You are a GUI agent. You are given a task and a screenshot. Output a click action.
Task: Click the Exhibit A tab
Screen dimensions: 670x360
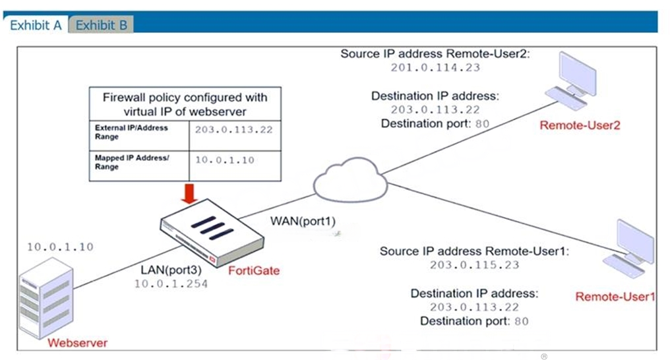(36, 25)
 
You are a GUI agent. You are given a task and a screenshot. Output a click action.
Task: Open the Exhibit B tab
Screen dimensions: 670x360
(102, 25)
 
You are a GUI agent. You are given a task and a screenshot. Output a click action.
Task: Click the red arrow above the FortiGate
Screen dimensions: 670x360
(189, 193)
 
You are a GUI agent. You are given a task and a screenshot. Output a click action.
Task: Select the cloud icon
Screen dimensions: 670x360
(350, 180)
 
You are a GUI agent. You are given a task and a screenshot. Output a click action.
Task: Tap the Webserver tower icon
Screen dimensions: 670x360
(46, 299)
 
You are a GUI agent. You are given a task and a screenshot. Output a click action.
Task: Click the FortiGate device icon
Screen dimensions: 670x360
(212, 233)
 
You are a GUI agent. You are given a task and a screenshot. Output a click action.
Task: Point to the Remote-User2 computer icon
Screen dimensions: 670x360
(571, 81)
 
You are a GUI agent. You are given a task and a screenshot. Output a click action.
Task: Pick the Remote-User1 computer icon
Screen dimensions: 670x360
(628, 249)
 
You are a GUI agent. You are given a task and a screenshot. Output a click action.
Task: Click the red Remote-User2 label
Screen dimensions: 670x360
(580, 125)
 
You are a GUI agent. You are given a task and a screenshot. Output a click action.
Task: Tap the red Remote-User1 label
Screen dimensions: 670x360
(615, 296)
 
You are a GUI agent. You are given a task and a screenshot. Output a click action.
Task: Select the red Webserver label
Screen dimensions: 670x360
(77, 342)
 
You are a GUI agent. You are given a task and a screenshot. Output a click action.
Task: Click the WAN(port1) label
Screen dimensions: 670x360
(303, 221)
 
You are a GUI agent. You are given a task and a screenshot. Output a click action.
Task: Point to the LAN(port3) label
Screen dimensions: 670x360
(171, 270)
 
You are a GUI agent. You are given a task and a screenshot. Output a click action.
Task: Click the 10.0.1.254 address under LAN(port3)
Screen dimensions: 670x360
(171, 284)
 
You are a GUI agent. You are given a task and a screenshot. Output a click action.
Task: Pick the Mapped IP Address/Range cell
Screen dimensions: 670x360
(139, 165)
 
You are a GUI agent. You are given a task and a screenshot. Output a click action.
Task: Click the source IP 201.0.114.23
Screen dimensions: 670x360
(435, 67)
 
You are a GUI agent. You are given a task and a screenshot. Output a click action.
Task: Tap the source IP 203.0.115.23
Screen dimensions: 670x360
(475, 265)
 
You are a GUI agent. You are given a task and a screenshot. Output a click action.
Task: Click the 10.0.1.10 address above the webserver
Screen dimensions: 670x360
(60, 247)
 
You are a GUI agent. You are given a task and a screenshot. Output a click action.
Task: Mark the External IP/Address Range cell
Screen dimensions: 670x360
(139, 136)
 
